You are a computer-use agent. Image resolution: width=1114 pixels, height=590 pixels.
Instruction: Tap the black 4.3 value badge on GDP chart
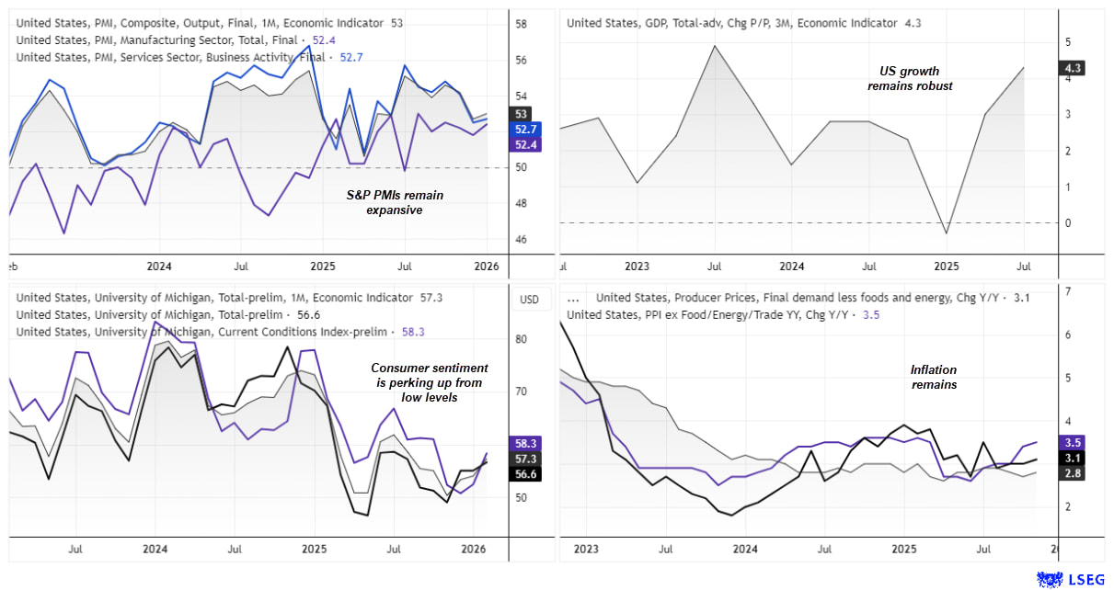click(x=1073, y=68)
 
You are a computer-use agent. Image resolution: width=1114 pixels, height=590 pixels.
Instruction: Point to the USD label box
click(x=529, y=300)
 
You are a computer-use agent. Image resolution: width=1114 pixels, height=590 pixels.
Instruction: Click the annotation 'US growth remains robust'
click(x=910, y=78)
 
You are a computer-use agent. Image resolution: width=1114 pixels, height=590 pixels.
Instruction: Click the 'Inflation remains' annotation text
click(x=934, y=377)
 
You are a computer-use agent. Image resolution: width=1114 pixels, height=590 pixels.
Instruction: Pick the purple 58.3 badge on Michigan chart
click(x=526, y=442)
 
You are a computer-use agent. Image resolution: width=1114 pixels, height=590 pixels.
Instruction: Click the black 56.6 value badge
click(x=526, y=474)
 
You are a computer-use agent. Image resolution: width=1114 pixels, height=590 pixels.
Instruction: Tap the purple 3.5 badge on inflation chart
click(x=1073, y=442)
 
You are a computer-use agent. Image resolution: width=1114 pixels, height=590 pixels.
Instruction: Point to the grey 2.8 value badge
click(x=1073, y=473)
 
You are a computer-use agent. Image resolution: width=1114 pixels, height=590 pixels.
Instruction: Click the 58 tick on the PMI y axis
click(x=521, y=24)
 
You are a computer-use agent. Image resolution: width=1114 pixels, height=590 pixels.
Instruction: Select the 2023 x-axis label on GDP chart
click(x=637, y=267)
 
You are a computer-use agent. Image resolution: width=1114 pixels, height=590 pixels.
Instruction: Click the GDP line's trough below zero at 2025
click(x=947, y=233)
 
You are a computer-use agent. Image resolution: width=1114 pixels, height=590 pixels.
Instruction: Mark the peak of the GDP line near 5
click(x=714, y=45)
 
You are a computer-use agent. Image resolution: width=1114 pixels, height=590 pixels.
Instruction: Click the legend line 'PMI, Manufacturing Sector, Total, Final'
click(x=156, y=40)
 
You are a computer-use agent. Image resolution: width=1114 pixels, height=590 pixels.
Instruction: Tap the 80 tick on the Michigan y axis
click(x=521, y=339)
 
